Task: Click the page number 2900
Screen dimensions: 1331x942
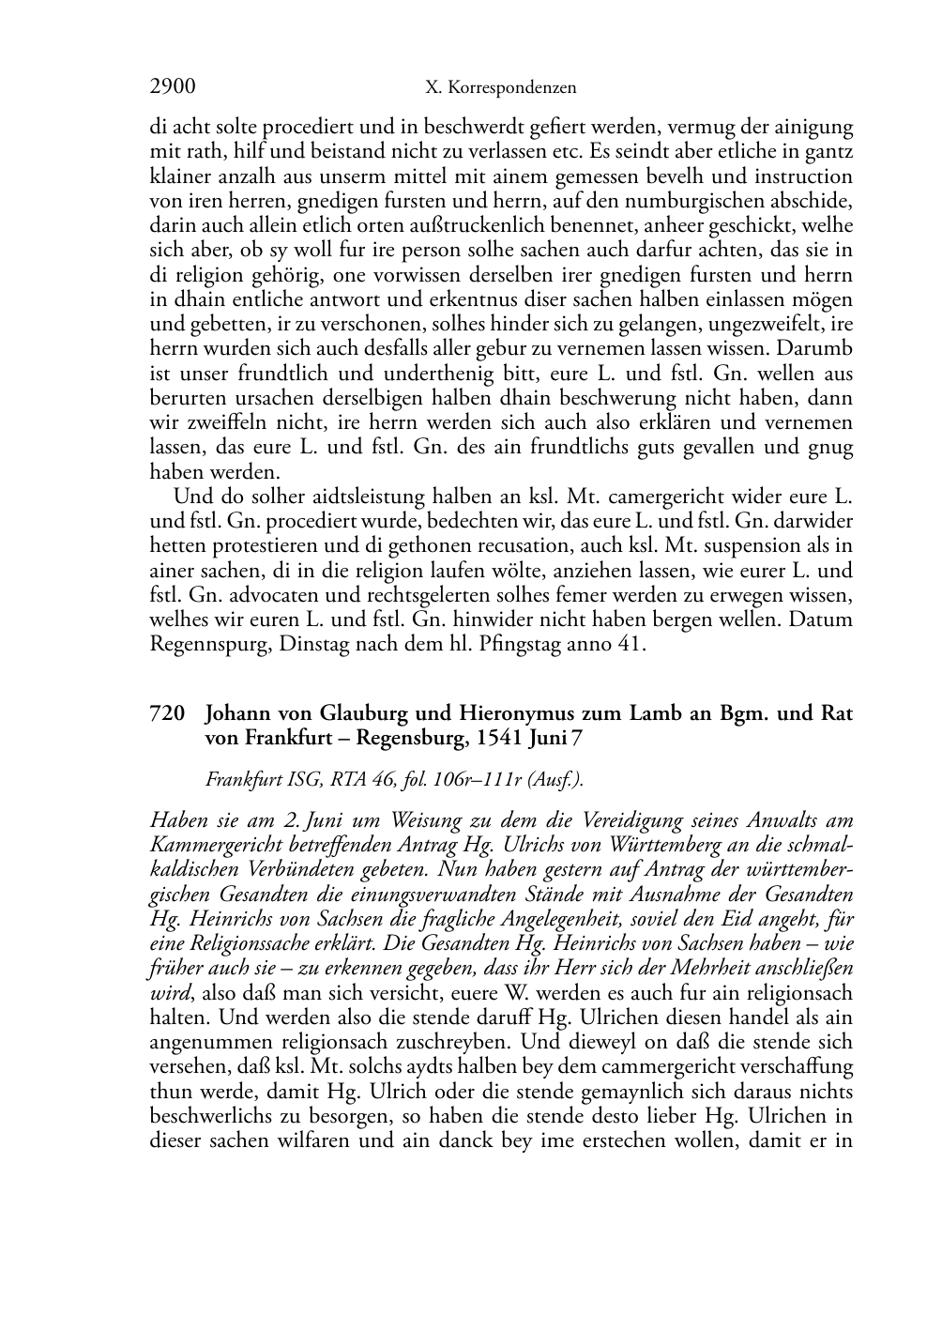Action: (x=173, y=87)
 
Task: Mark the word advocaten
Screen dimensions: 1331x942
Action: (x=293, y=595)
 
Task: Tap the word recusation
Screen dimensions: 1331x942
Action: (x=545, y=546)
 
